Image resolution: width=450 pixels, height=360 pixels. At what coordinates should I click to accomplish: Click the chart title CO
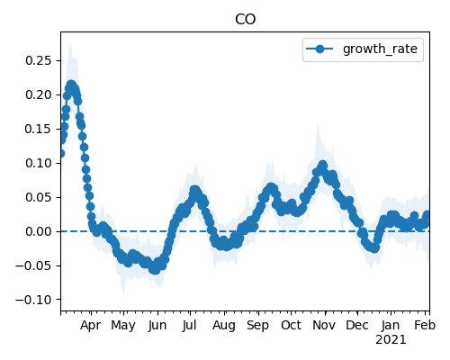tap(245, 20)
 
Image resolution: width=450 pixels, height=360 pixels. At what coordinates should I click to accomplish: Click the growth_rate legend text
tap(380, 49)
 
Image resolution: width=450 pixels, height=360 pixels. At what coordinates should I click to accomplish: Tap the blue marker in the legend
tap(319, 49)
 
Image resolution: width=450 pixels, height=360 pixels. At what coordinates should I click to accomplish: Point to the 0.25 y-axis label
tap(39, 60)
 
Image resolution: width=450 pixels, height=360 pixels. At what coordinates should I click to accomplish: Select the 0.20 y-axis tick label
tap(39, 94)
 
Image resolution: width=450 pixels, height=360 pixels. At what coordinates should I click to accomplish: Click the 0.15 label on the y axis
tap(39, 129)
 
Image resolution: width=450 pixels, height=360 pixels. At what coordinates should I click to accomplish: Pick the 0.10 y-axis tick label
tap(39, 163)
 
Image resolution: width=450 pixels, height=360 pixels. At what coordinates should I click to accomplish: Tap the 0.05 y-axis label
tap(39, 197)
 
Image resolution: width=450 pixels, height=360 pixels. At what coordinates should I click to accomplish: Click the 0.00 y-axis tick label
tap(39, 231)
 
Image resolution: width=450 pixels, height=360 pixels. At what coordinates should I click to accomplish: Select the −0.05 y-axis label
tap(34, 265)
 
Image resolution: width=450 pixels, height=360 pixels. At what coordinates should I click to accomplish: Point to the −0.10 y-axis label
tap(34, 300)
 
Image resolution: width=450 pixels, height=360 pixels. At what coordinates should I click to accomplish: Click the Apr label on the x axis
tap(90, 326)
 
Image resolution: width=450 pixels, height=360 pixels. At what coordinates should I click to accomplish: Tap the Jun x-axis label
tap(157, 326)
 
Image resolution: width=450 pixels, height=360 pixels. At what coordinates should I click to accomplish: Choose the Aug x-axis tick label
tap(224, 326)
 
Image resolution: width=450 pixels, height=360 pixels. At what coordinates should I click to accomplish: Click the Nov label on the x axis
tap(324, 326)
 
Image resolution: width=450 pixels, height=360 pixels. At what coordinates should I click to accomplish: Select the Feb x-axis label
tap(425, 326)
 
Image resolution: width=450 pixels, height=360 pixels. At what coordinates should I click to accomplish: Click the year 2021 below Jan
tap(391, 340)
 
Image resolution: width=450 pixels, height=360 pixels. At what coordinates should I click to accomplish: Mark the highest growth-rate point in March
tap(71, 85)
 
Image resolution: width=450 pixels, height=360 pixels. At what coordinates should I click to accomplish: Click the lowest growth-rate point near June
tap(155, 269)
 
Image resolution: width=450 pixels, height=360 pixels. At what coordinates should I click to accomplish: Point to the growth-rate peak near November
tap(323, 165)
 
